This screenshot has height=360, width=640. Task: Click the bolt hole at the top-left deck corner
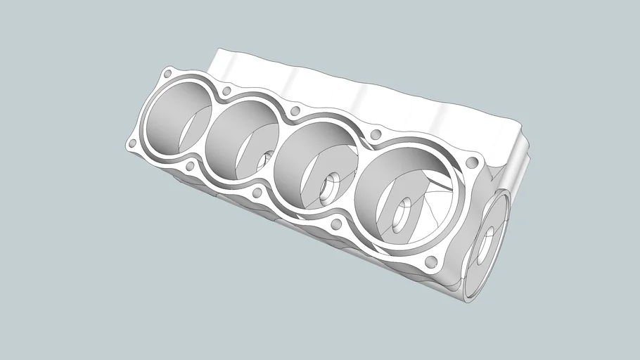pyautogui.click(x=167, y=73)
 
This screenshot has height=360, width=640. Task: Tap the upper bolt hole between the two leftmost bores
pyautogui.click(x=226, y=91)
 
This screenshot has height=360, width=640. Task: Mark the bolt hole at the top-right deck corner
pyautogui.click(x=472, y=163)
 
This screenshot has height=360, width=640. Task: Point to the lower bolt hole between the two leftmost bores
pyautogui.click(x=190, y=167)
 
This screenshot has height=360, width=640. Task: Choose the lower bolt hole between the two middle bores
pyautogui.click(x=257, y=192)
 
